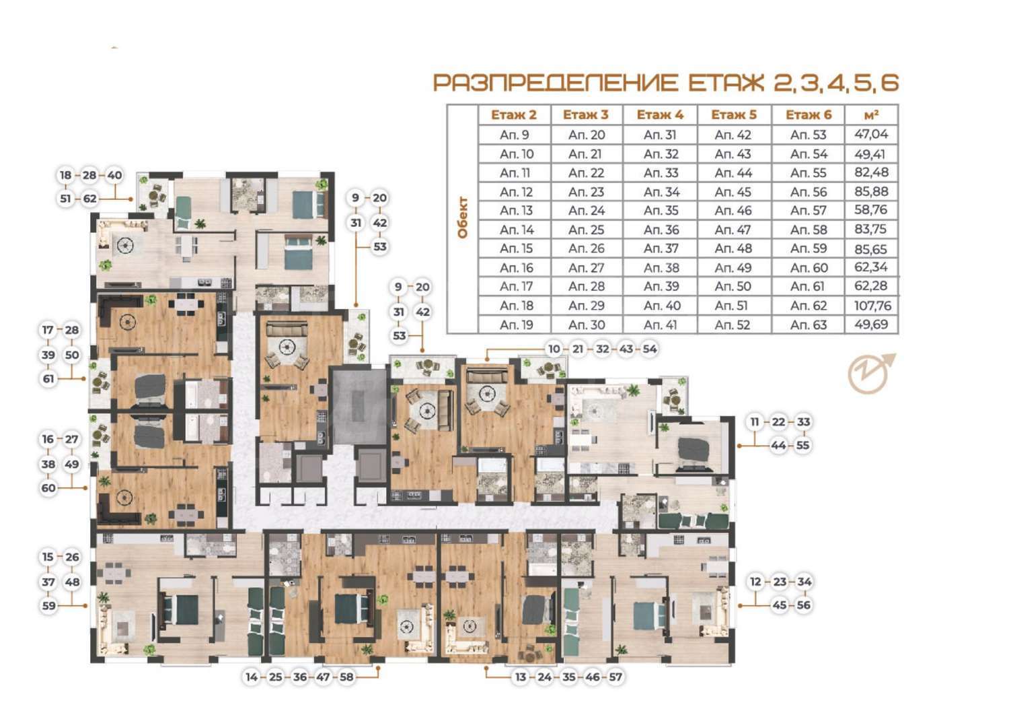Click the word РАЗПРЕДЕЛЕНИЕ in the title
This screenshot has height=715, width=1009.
556,83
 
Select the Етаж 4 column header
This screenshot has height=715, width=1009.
660,115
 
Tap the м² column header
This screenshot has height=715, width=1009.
871,114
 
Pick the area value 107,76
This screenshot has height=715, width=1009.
872,306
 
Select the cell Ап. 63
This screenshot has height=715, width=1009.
808,325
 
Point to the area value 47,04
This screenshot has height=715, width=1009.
871,134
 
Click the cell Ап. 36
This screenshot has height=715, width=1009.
661,230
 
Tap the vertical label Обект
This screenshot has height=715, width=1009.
463,218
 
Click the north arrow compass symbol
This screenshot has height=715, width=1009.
871,374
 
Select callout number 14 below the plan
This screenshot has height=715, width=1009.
252,677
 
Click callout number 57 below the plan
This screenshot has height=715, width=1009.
615,677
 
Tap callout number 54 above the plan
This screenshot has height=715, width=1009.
649,349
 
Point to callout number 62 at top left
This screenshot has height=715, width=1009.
89,199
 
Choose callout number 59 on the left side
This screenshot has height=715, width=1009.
48,605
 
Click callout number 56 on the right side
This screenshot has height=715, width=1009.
803,605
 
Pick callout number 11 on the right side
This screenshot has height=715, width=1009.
755,422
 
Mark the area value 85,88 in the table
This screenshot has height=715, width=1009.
871,192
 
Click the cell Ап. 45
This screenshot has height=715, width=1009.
733,192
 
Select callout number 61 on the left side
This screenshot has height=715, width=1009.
48,378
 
